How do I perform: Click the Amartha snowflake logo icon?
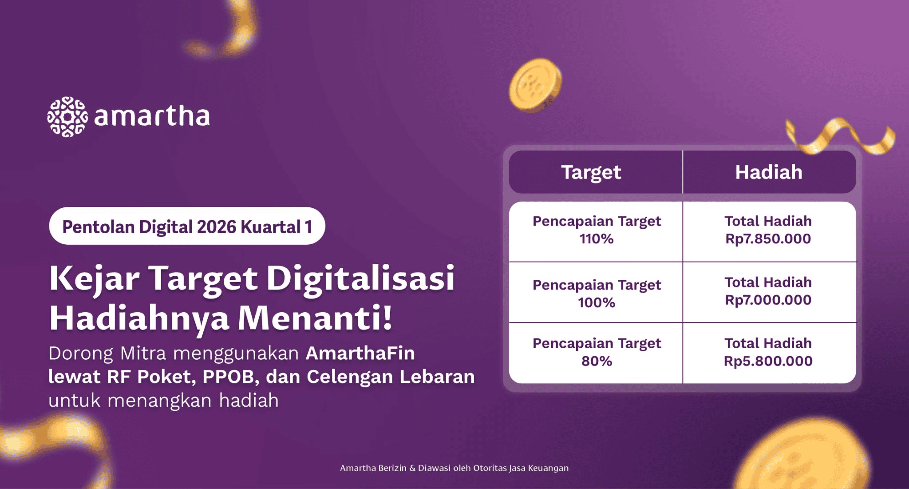pos(67,117)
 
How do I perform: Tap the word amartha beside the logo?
pos(152,116)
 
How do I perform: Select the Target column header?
pos(591,172)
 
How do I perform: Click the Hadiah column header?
pos(769,172)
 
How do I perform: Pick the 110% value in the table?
pos(597,239)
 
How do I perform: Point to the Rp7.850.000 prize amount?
pos(768,239)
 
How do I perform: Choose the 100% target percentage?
pos(597,303)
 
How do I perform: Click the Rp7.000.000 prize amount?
pos(768,300)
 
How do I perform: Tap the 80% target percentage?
pos(597,361)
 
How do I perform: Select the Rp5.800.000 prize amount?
pos(768,361)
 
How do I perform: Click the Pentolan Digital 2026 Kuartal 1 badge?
pos(187,226)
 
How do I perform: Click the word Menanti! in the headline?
pos(315,318)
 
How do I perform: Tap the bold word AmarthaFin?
pos(360,354)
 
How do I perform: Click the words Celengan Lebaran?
pos(391,377)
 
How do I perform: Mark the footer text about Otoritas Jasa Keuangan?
pos(454,468)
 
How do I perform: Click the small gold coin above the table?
pos(535,85)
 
